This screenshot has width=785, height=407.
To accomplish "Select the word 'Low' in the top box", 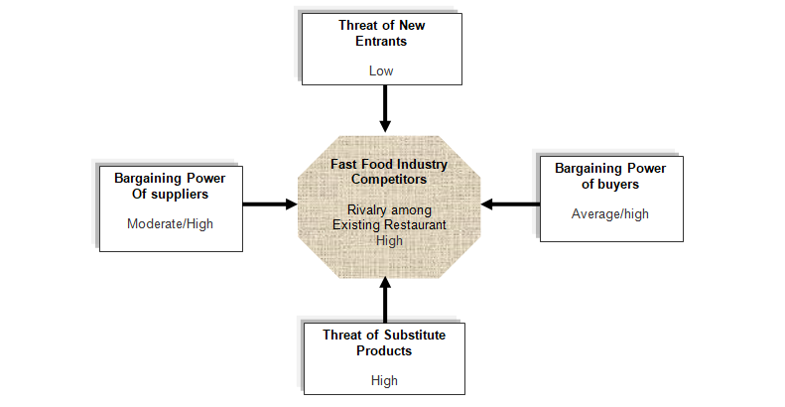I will pyautogui.click(x=381, y=70).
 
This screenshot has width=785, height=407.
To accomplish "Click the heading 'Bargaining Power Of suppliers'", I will pyautogui.click(x=170, y=187).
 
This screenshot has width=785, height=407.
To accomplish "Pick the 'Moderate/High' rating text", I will pyautogui.click(x=170, y=223).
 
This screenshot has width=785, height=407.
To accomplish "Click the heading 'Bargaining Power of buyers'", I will pyautogui.click(x=609, y=176).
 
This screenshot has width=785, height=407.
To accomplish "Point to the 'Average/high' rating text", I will pyautogui.click(x=609, y=212).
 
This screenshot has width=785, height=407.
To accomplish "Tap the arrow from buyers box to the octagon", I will pyautogui.click(x=510, y=204).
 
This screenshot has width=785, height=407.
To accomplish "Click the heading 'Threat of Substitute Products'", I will pyautogui.click(x=383, y=342).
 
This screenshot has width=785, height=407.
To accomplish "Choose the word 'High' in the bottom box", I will pyautogui.click(x=384, y=380).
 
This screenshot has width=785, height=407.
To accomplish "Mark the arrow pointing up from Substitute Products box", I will pyautogui.click(x=385, y=298).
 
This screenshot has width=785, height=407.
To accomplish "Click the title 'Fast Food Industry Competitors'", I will pyautogui.click(x=389, y=174).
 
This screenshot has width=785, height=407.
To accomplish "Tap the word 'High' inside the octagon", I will pyautogui.click(x=389, y=239).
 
